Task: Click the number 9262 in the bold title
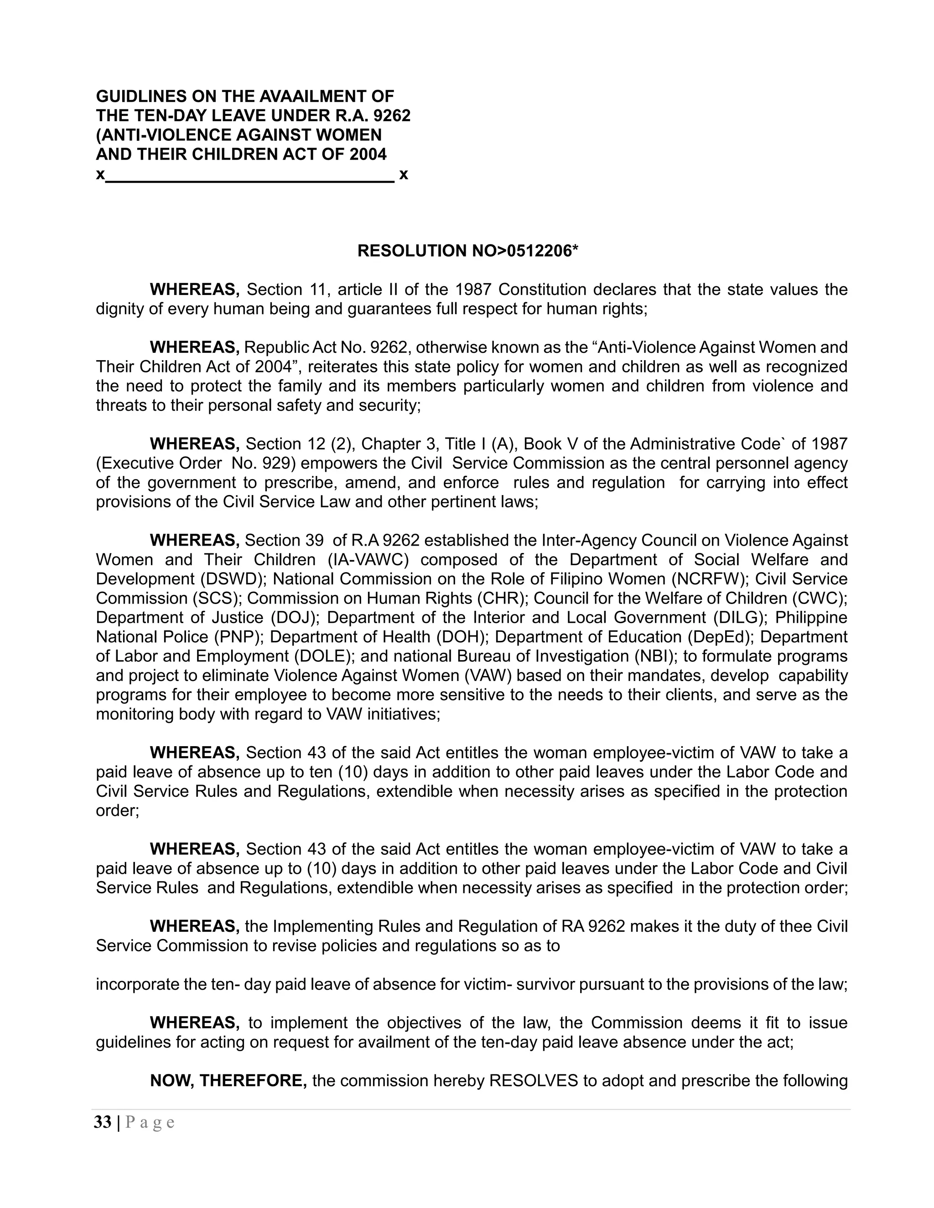pyautogui.click(x=392, y=116)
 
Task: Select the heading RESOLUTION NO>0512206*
pyautogui.click(x=467, y=251)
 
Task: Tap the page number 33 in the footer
pyautogui.click(x=102, y=1122)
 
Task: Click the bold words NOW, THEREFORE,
pyautogui.click(x=228, y=1081)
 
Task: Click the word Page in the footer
pyautogui.click(x=150, y=1122)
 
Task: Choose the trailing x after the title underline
pyautogui.click(x=403, y=175)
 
